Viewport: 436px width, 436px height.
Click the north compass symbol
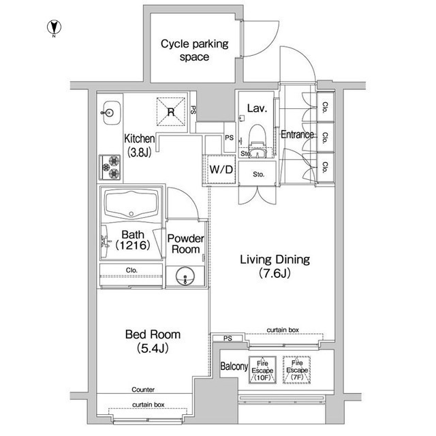pyautogui.click(x=54, y=28)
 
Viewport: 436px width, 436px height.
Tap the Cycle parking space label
pyautogui.click(x=194, y=50)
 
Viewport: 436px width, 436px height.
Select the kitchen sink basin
pyautogui.click(x=111, y=112)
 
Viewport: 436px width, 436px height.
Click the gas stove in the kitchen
pyautogui.click(x=110, y=167)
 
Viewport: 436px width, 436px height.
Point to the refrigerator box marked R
pyautogui.click(x=171, y=112)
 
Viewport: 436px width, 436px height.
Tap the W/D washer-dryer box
pyautogui.click(x=221, y=170)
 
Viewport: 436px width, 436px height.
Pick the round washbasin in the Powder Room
pyautogui.click(x=185, y=276)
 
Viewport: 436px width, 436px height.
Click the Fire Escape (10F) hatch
pyautogui.click(x=262, y=370)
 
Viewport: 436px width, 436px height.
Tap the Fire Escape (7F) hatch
pyautogui.click(x=297, y=370)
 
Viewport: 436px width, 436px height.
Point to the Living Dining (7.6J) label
pyautogui.click(x=275, y=266)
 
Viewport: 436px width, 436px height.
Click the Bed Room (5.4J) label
pyautogui.click(x=153, y=341)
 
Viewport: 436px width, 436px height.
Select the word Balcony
pyautogui.click(x=234, y=367)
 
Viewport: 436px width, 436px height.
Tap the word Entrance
pyautogui.click(x=298, y=135)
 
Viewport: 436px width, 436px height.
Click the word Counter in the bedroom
pyautogui.click(x=143, y=390)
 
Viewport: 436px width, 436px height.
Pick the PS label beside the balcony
pyautogui.click(x=228, y=339)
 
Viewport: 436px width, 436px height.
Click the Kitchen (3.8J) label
pyautogui.click(x=139, y=145)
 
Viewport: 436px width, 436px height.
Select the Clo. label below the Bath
pyautogui.click(x=131, y=270)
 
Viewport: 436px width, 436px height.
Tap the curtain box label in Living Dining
pyautogui.click(x=283, y=330)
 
